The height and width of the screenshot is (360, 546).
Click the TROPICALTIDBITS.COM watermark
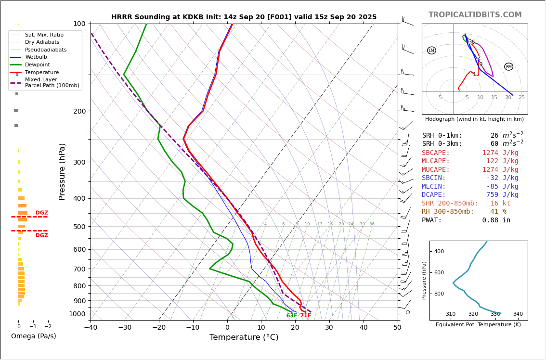pos(475,15)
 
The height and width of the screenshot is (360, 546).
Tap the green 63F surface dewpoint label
pos(292,316)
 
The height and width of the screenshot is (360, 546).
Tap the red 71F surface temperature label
pos(306,316)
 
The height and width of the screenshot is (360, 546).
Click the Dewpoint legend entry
pos(37,65)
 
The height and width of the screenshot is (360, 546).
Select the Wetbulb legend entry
pos(36,57)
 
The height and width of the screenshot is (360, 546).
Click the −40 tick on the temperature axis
pos(91,328)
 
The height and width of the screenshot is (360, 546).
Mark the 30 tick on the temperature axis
pos(329,328)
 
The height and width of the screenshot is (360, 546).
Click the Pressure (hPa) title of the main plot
pos(62,171)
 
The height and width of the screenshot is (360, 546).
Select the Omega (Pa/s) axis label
pos(33,336)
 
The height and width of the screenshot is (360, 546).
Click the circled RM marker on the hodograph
pos(508,67)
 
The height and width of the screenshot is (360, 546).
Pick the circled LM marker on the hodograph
pos(431,51)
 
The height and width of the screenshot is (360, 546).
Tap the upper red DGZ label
pos(41,213)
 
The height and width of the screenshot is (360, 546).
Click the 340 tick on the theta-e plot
pos(518,314)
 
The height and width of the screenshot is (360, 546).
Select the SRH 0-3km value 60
pos(494,144)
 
